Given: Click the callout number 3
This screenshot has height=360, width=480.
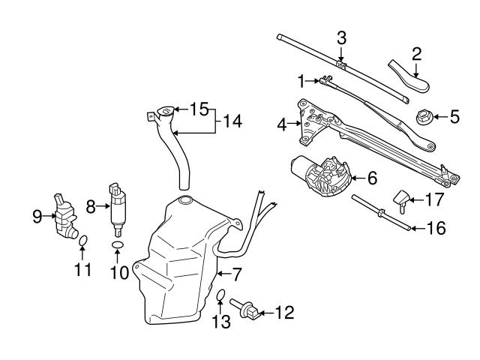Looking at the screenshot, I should [341, 37].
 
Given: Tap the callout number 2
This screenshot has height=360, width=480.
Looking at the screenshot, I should [416, 53].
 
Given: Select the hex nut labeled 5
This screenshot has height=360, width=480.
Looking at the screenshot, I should [424, 117].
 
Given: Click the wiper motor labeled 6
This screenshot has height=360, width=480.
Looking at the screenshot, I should [325, 178].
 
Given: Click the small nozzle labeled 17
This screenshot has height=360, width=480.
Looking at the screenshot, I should [401, 200].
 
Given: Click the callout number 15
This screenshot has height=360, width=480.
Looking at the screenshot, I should [198, 109].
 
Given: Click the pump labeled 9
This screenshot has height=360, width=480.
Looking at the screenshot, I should [65, 217].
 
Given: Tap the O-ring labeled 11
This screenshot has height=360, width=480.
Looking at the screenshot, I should [84, 240].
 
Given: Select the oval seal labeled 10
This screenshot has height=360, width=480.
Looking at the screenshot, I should [118, 245].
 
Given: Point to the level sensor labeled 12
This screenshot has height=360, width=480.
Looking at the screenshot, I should [250, 310].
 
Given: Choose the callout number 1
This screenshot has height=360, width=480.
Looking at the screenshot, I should [301, 79].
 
